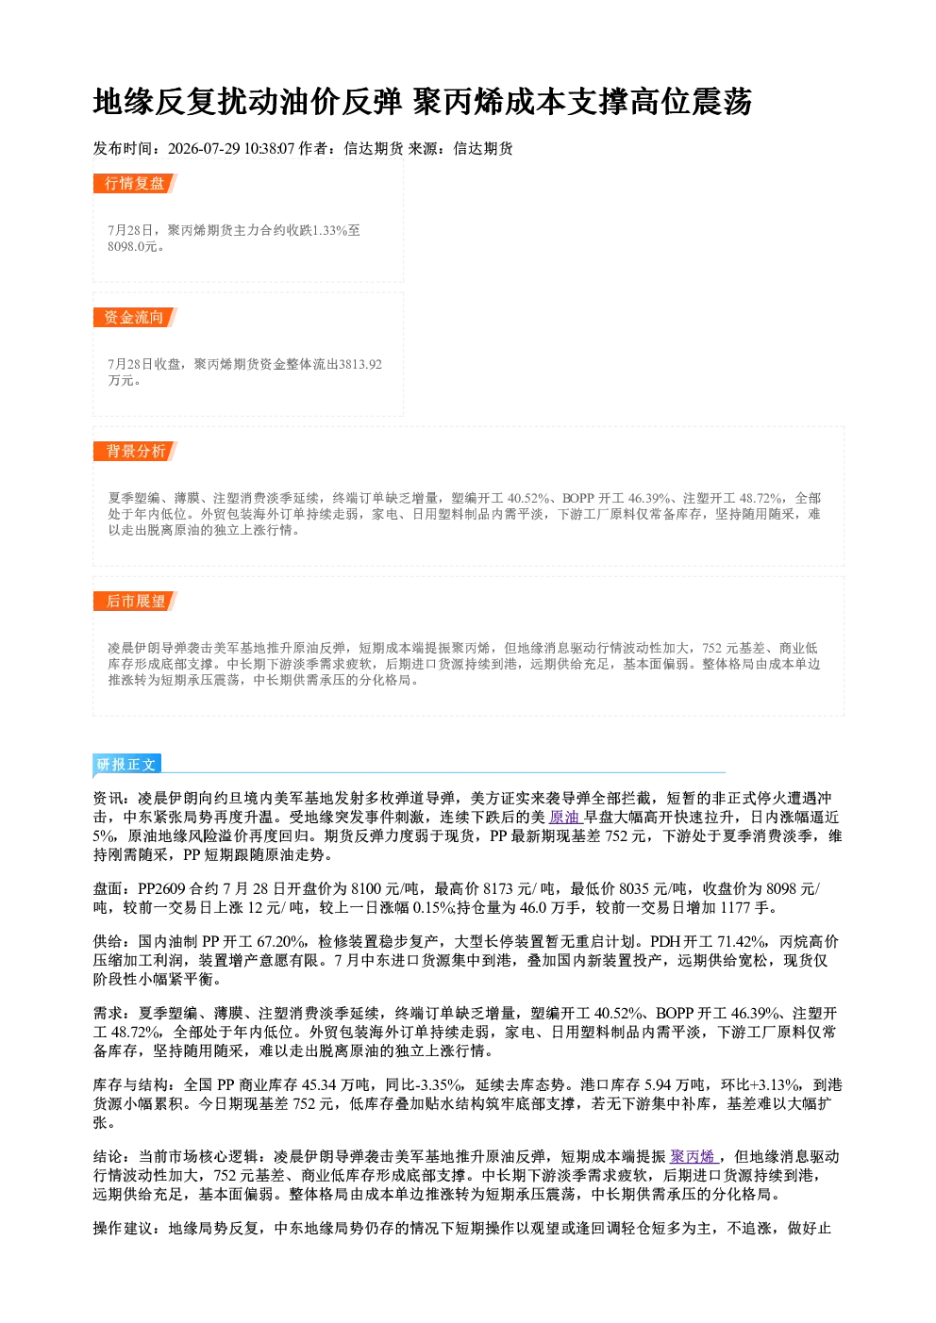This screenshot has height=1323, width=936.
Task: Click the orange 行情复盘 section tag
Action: click(x=135, y=183)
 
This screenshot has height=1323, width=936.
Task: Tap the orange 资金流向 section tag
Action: click(x=135, y=317)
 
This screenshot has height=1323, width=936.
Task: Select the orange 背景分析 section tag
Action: click(x=135, y=452)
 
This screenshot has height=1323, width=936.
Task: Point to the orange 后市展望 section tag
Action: click(x=135, y=602)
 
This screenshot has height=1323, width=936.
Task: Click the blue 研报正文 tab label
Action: click(x=126, y=764)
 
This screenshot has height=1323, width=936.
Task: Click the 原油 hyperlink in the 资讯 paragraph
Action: click(x=564, y=818)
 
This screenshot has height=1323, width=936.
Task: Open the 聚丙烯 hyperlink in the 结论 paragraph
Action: click(x=694, y=1156)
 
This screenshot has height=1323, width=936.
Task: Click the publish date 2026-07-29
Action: click(x=204, y=148)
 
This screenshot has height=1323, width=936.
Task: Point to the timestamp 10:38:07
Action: click(x=270, y=148)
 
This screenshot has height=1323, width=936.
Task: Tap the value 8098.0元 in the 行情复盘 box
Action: click(x=132, y=247)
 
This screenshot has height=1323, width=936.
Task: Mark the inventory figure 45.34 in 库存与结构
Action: click(x=319, y=1085)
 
